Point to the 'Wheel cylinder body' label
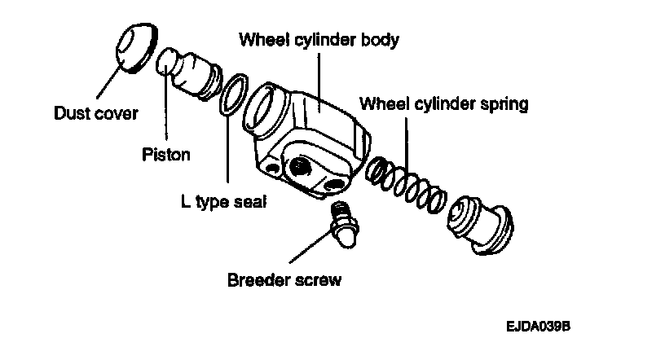point(319,39)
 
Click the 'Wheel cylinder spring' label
point(445,103)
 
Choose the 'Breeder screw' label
point(284,281)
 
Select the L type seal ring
point(232,94)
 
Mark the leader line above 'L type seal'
point(227,151)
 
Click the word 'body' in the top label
point(381,39)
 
